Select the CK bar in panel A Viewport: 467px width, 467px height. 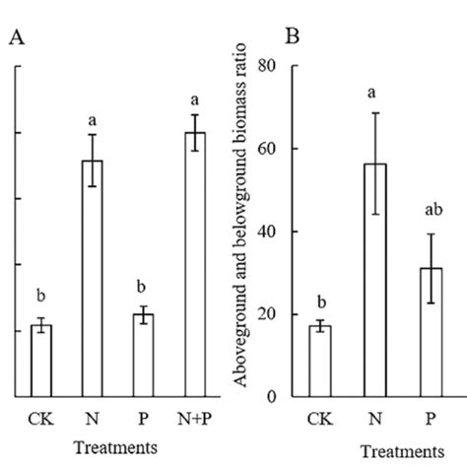[41, 361]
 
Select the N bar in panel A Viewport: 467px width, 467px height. [92, 278]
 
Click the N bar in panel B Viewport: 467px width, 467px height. [372, 280]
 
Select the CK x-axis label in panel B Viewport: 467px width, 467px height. [319, 418]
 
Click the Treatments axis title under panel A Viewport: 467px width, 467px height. [118, 447]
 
